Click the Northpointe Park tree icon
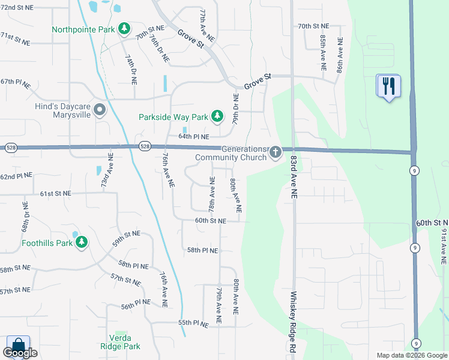pos(124,28)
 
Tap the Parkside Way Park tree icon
pos(218,115)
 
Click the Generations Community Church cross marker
pos(275,152)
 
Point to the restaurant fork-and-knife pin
pos(388,86)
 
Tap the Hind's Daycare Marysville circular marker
pos(100,109)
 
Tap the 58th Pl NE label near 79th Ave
pos(202,250)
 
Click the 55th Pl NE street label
pos(193,323)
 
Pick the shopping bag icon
pos(18,346)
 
